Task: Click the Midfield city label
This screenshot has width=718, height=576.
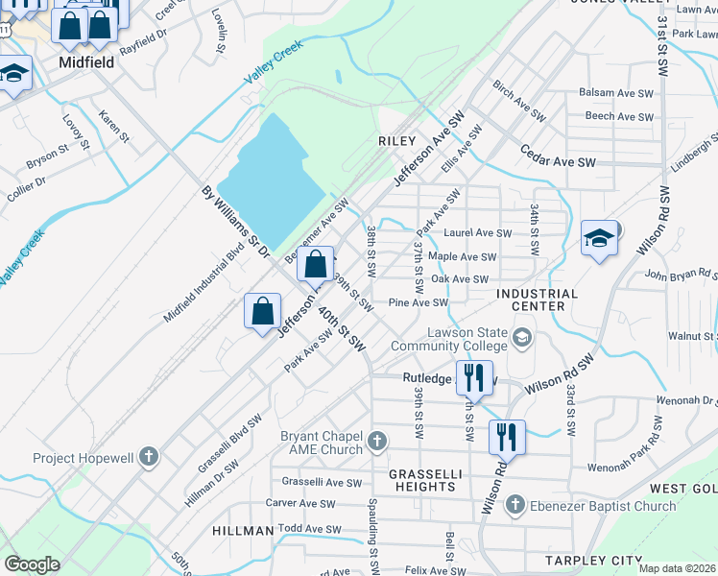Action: (x=86, y=62)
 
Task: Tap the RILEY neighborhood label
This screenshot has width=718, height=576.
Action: (x=396, y=140)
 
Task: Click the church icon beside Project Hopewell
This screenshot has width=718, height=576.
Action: (x=148, y=457)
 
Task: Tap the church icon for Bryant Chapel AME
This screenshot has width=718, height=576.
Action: (x=377, y=443)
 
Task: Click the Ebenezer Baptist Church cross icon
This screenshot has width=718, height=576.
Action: (x=515, y=505)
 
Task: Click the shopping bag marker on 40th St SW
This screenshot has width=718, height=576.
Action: (x=262, y=311)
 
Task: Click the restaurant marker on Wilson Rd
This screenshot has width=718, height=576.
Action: (x=507, y=437)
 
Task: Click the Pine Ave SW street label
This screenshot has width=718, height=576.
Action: (x=418, y=302)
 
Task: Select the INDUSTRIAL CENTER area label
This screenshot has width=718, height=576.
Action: (x=538, y=300)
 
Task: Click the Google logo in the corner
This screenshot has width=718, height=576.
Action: (x=33, y=564)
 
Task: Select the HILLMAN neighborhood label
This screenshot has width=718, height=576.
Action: (x=243, y=531)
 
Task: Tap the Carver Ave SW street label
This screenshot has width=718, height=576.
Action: (x=300, y=503)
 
